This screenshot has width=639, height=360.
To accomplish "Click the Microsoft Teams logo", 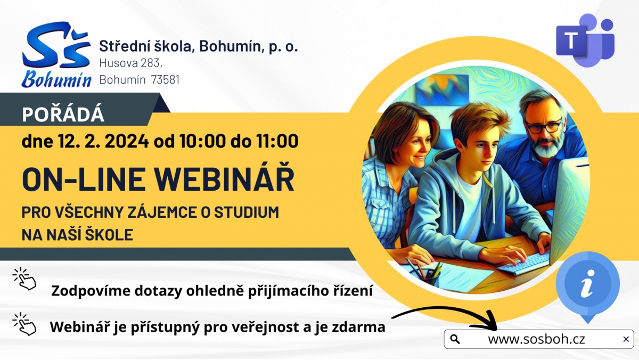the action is pyautogui.click(x=585, y=40).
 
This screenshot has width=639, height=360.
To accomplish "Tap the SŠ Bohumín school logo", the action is pyautogui.click(x=56, y=54).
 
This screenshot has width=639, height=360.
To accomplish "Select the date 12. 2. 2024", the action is pyautogui.click(x=103, y=141).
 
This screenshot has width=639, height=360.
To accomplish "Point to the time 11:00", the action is pyautogui.click(x=277, y=141).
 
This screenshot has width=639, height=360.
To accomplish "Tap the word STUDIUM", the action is pyautogui.click(x=247, y=212).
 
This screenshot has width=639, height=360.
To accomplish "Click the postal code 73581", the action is pyautogui.click(x=165, y=79).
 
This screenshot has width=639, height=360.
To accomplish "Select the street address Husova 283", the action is pyautogui.click(x=130, y=63).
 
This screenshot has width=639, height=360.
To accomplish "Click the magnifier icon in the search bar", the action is pyautogui.click(x=455, y=339).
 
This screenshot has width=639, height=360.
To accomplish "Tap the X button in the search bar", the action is pyautogui.click(x=626, y=339).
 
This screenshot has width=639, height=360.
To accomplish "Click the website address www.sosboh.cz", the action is pyautogui.click(x=536, y=339).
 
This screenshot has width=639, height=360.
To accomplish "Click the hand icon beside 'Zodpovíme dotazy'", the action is pyautogui.click(x=25, y=279).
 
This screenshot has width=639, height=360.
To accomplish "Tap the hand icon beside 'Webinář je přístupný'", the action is pyautogui.click(x=24, y=324).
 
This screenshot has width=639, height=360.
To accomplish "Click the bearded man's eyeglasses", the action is pyautogui.click(x=544, y=127).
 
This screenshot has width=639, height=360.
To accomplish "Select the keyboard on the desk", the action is pyautogui.click(x=523, y=264).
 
